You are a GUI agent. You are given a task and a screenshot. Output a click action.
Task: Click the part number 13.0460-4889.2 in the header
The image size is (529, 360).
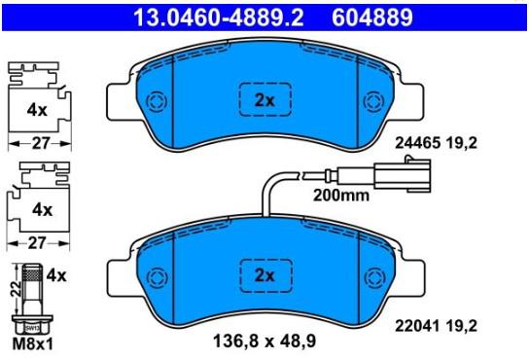219,18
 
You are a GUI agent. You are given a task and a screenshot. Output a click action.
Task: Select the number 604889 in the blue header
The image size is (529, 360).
372,18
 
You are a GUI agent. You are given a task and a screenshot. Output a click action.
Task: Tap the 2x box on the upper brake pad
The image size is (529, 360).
265,99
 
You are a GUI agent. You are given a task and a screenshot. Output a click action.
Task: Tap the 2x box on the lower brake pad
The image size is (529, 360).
265,275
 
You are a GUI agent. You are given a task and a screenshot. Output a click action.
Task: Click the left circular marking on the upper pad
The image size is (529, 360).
157,101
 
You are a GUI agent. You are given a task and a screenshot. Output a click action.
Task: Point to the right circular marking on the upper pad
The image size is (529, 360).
373,101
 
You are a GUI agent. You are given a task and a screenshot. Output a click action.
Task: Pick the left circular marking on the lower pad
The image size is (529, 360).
158,277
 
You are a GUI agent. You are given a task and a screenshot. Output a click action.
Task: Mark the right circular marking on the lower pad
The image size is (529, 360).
374,277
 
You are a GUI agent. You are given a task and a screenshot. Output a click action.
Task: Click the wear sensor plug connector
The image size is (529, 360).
403,174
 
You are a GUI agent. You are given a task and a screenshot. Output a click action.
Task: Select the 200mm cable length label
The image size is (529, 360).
341,196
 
